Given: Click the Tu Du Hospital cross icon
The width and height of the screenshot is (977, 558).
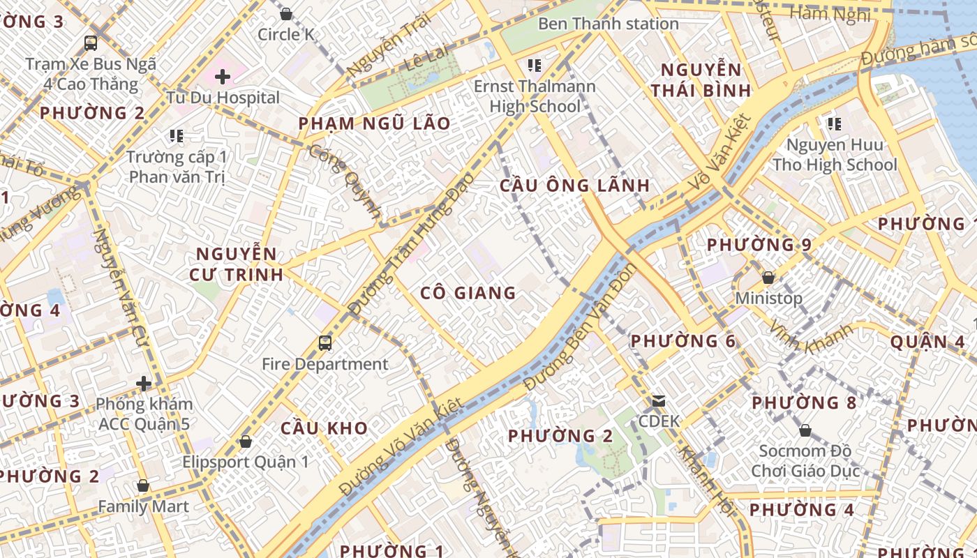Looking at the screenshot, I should pos(223,76).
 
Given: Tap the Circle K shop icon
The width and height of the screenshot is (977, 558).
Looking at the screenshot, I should pos(285,13).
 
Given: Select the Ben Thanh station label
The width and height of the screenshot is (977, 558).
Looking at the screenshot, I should pos(608,24).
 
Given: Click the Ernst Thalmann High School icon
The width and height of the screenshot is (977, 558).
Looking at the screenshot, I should pos(535,66).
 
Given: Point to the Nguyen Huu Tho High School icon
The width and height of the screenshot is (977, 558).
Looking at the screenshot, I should pos(834,124).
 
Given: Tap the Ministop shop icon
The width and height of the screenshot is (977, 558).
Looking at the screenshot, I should pos(768,278).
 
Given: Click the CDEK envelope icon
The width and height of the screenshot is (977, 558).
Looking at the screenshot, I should pos(659,401).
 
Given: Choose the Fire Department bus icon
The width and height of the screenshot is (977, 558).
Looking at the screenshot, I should pos(325,342).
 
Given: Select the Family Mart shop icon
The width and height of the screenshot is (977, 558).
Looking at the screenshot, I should pos(143,485).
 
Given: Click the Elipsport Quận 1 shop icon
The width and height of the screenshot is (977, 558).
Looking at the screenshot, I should pos(245,442).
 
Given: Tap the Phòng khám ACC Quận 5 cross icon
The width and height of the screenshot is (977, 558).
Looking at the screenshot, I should pos(144,383).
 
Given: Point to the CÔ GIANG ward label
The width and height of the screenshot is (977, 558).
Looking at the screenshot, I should pos(468,293).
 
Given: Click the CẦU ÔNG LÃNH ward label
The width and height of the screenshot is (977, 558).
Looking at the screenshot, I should pos(575,186).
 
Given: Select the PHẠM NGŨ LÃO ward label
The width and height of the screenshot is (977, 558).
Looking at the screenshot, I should pos(374,123).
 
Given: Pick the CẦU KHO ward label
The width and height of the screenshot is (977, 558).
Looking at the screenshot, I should pos(324,428).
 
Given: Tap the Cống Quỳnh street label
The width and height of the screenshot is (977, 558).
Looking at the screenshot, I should pos(346,183).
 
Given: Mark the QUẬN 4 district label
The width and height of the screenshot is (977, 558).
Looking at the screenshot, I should pos(927,342).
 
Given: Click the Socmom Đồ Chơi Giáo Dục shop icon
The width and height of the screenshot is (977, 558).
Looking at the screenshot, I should pos(805,430).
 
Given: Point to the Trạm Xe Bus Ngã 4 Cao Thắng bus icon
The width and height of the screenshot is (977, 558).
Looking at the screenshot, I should pos(91,43).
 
